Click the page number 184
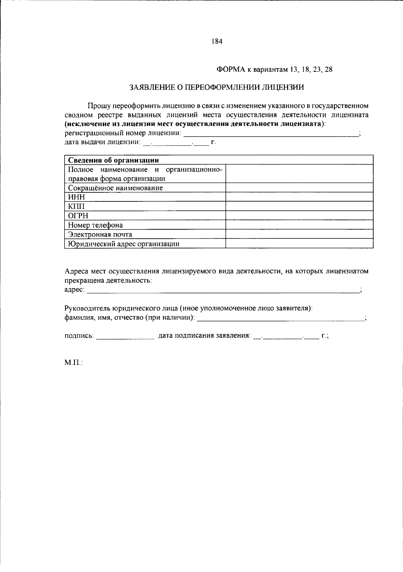pos(217,41)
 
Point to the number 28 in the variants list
pos(329,70)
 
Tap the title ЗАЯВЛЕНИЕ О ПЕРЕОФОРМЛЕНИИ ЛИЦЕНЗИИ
pos(217,88)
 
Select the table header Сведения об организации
pos(114,160)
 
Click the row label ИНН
pos(77,197)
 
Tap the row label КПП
pos(77,206)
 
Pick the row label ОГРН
pos(78,216)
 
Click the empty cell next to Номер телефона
pos(299,225)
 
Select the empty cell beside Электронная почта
pos(299,234)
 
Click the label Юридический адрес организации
pos(124,244)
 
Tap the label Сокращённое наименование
pos(115,188)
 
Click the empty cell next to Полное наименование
pos(299,174)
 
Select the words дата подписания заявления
pos(204,335)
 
